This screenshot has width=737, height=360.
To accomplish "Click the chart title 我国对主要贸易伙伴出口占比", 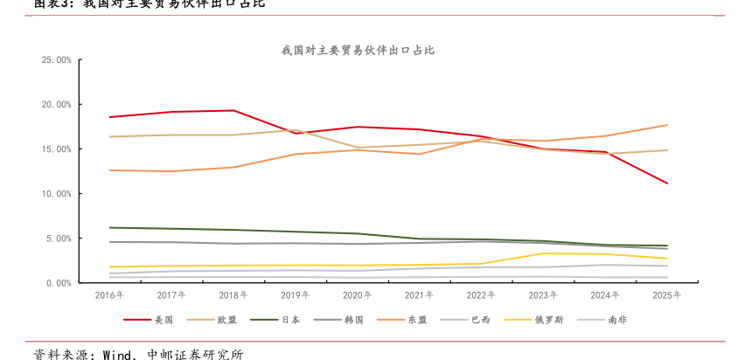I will pyautogui.click(x=358, y=51).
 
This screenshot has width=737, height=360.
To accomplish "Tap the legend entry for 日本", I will pyautogui.click(x=291, y=320).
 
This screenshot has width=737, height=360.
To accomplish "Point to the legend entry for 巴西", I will pyautogui.click(x=482, y=320).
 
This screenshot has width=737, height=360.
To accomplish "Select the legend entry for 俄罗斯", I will pyautogui.click(x=549, y=320).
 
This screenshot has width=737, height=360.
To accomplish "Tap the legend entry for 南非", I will pyautogui.click(x=617, y=320).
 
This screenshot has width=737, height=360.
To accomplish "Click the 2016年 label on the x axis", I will pyautogui.click(x=109, y=295).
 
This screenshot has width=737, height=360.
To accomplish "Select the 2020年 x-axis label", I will pyautogui.click(x=357, y=295).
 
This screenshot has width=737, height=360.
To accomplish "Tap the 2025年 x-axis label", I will pyautogui.click(x=667, y=295).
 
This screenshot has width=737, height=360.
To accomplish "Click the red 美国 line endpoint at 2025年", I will pyautogui.click(x=668, y=183).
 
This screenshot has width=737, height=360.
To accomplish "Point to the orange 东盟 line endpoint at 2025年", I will pyautogui.click(x=668, y=125).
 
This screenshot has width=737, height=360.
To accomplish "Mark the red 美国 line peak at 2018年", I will pyautogui.click(x=233, y=110).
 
